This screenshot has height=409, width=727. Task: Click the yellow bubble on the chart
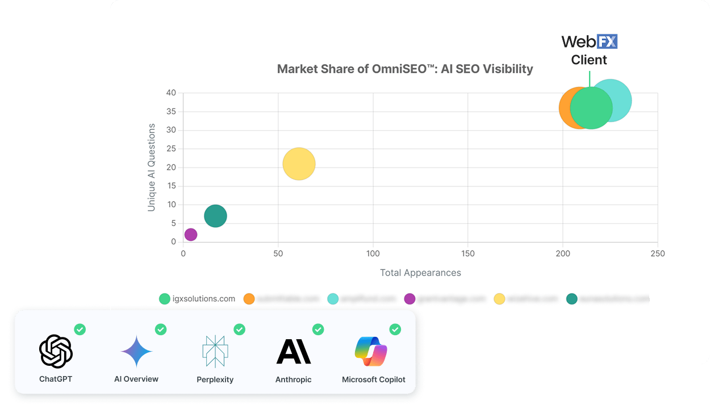click(x=299, y=164)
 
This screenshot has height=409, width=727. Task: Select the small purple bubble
click(x=191, y=235)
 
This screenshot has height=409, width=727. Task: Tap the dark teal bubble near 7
click(x=215, y=216)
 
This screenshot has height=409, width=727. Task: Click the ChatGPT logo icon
click(x=56, y=352)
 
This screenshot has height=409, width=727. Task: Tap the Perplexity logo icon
click(x=215, y=351)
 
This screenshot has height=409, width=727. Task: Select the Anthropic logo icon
click(x=293, y=351)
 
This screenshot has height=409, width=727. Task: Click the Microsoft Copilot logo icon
click(x=371, y=351)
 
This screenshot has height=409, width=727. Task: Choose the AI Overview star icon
click(x=136, y=351)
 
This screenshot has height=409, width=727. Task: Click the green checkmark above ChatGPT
click(x=80, y=329)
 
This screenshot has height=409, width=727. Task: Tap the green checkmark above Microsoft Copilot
click(x=395, y=329)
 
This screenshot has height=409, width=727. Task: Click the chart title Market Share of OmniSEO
click(x=404, y=69)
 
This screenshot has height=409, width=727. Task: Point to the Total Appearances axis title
click(x=420, y=273)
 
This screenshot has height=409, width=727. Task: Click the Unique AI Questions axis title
click(x=152, y=167)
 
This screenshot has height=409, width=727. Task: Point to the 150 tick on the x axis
click(x=467, y=254)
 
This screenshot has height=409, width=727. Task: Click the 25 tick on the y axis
click(x=170, y=149)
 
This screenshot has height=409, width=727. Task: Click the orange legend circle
click(x=249, y=299)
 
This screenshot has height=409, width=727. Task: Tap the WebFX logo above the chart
click(x=589, y=41)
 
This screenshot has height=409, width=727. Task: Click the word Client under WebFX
click(x=589, y=60)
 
